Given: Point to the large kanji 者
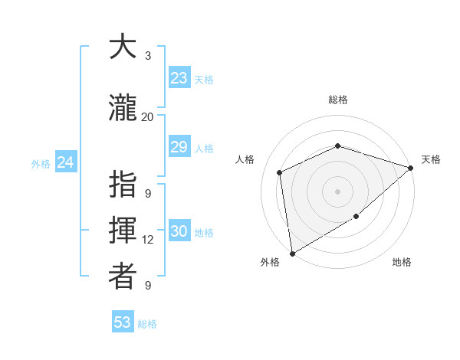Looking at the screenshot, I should point(123,277).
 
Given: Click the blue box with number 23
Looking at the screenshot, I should point(179,78).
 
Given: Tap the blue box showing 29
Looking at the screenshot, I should point(179,147).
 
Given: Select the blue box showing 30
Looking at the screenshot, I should point(179,232).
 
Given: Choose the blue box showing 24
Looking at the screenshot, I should point(65,162).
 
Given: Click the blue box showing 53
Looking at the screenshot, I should point(123,322).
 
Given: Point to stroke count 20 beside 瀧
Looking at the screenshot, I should point(147,117).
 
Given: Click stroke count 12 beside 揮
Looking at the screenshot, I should point(148,240).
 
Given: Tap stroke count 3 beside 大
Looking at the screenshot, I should point(148,56).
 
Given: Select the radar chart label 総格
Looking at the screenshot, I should point(337,100).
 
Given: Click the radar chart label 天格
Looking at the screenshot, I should point(431,159).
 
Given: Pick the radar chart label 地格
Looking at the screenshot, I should point(402,263).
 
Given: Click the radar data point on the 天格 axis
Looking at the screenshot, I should point(411,168).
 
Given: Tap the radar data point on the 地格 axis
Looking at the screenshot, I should point(356,218).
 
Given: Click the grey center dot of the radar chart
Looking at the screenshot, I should point(337,191).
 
